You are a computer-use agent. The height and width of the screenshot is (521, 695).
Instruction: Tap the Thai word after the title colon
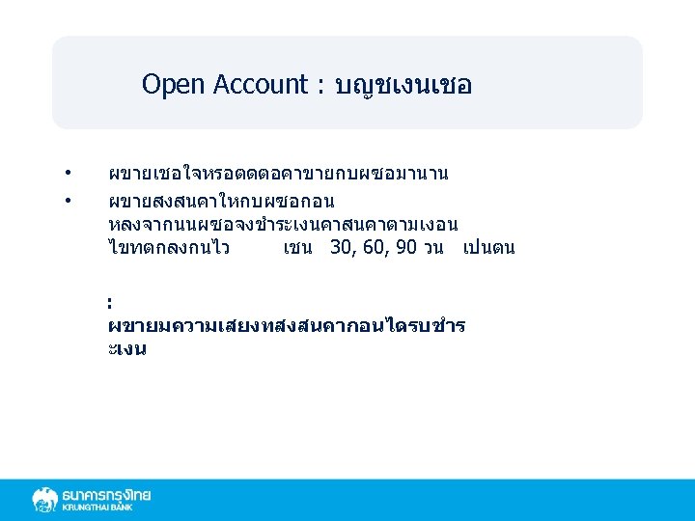pos(403,86)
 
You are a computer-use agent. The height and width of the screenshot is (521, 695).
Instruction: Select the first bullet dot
pos(69,174)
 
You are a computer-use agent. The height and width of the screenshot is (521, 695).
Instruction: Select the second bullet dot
pos(69,200)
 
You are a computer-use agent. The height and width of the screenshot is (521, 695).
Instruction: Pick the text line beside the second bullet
pos(221,201)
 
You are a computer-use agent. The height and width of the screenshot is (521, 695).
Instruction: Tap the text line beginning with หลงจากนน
pos(283,225)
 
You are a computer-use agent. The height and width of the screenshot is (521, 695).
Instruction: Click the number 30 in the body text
pos(341,248)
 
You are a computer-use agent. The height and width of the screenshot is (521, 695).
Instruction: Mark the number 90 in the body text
pos(406,248)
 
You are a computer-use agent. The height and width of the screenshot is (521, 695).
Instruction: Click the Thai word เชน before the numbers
pos(299,248)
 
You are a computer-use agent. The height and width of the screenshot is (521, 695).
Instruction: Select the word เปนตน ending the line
pos(488,248)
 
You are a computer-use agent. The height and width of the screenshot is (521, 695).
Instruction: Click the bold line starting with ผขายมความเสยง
pos(287,326)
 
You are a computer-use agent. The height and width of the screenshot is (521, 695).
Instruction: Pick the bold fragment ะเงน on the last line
pos(127,349)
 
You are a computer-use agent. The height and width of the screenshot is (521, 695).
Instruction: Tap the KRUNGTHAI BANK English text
pos(97,507)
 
